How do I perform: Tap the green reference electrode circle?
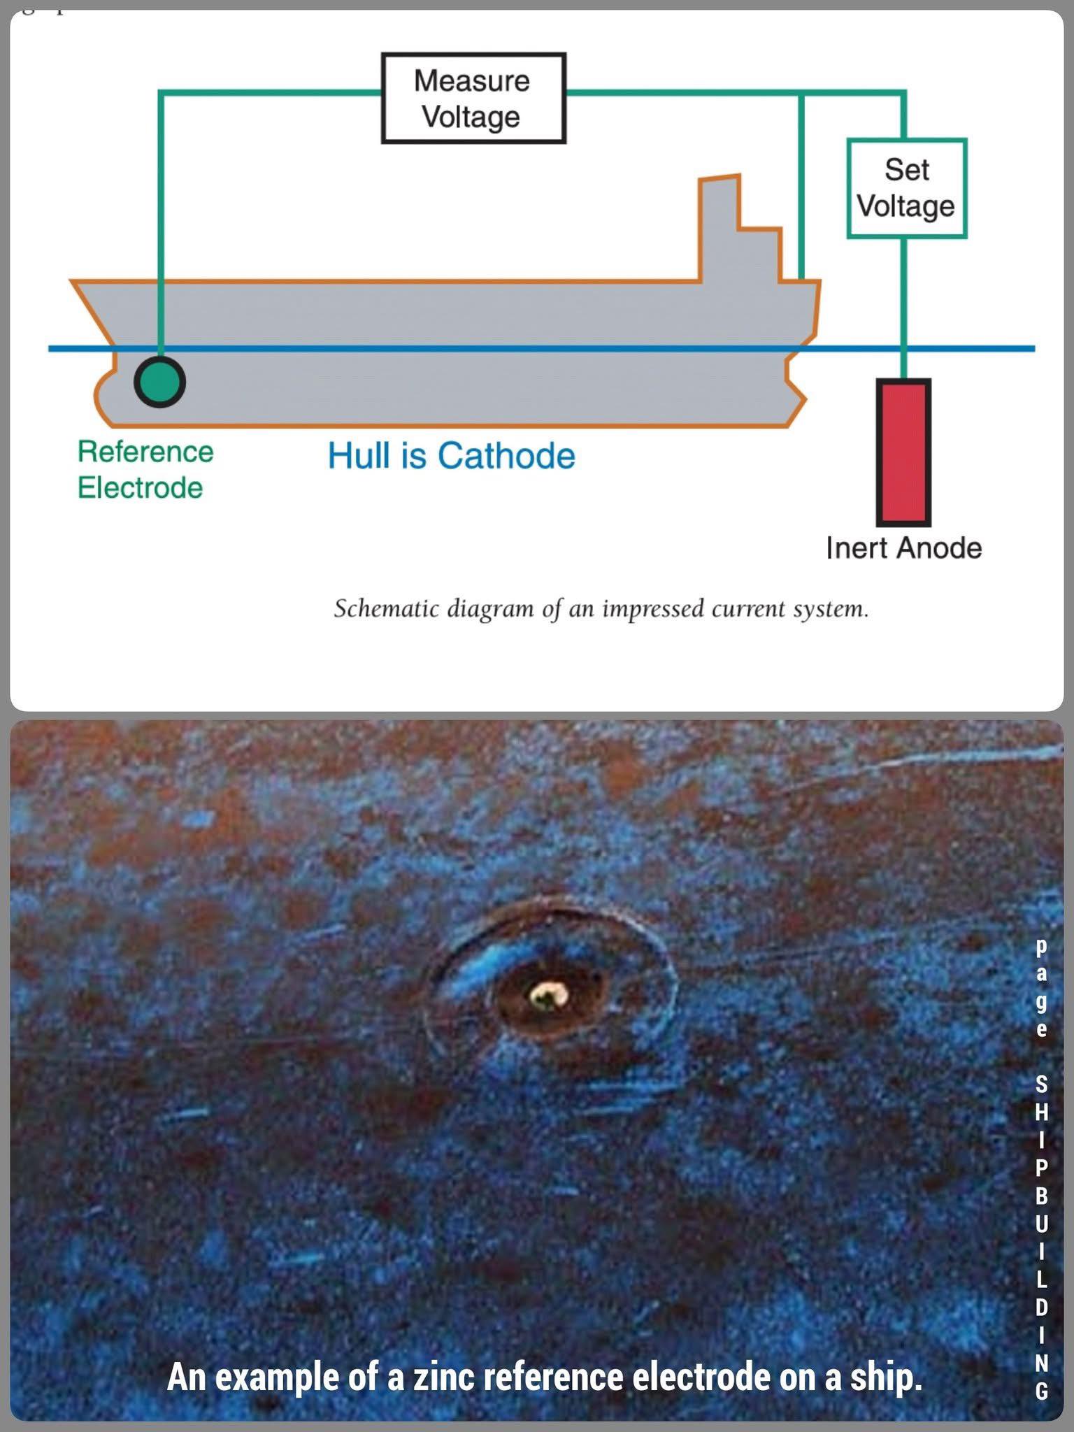point(159,382)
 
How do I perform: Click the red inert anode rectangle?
point(903,452)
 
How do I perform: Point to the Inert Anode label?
point(903,548)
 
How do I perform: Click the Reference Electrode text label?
point(145,470)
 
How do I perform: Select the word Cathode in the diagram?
point(506,456)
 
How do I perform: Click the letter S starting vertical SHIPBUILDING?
point(1041,1084)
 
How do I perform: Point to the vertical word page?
point(1041,987)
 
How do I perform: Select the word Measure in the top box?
point(472,81)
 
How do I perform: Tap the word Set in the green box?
point(907,170)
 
